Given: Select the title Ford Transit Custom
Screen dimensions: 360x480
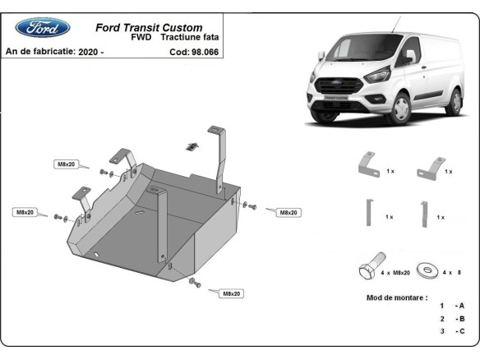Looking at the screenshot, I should point(150,26).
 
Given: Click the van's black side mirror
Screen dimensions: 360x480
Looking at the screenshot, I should point(408,57).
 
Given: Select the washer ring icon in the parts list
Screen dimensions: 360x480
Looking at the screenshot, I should point(428,269).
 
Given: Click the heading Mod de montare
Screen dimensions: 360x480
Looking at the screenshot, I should point(396,297).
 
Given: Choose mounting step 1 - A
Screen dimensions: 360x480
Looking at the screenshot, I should point(452,305).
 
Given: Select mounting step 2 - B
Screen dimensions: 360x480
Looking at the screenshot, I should point(452,318).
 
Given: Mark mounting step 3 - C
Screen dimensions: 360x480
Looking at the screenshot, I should point(452,330).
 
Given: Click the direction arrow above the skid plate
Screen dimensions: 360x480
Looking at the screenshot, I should point(192,145).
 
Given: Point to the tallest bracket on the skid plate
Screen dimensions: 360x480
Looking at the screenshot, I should point(219,156).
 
